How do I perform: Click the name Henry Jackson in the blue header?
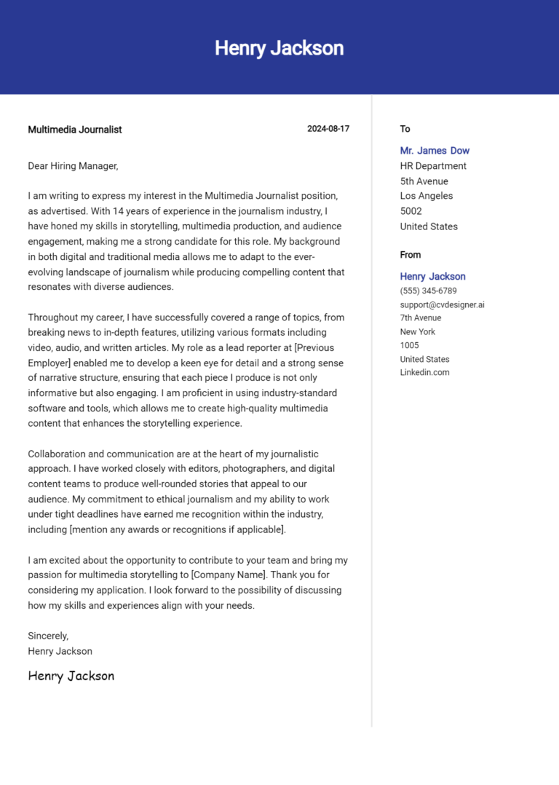tap(279, 48)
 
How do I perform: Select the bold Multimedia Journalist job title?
tap(75, 130)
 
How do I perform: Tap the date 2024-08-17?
tap(328, 129)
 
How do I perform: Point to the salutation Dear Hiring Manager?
tap(73, 166)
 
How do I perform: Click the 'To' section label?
tap(405, 129)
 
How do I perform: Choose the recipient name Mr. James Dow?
tap(435, 151)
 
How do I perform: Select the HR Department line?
tap(433, 166)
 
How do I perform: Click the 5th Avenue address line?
tap(424, 181)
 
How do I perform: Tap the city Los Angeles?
tap(426, 196)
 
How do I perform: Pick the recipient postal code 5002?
tap(411, 211)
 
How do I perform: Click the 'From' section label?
tap(410, 255)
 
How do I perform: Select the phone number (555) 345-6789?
tap(428, 291)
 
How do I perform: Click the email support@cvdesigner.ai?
tap(442, 304)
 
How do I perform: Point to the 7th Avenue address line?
tap(420, 317)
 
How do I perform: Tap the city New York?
tap(417, 331)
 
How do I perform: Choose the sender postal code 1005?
tap(409, 345)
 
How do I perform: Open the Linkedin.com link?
tap(424, 372)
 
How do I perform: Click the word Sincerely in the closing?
tap(48, 636)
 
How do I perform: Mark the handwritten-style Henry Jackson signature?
tap(71, 676)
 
